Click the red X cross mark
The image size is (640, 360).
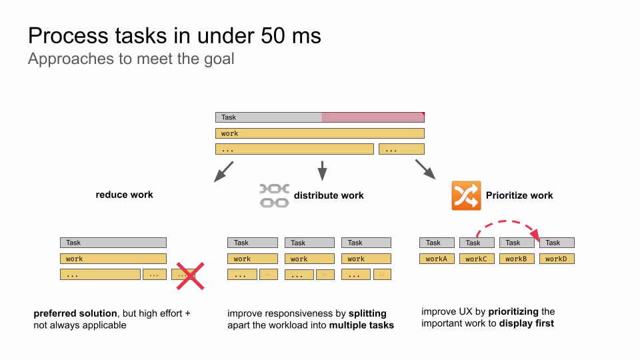coord(189,276)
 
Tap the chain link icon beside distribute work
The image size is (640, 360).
coord(273,195)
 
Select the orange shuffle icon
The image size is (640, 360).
coord(466,195)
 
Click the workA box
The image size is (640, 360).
coord(437,259)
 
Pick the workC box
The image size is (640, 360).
coord(477,259)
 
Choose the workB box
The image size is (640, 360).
coord(517,259)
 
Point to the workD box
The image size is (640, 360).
coord(556,259)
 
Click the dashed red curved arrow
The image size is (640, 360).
coord(510,224)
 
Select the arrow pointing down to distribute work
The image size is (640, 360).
coord(322,171)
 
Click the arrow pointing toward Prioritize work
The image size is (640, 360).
coord(425,169)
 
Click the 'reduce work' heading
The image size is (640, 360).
coord(124,195)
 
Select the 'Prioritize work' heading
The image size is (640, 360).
coord(519,195)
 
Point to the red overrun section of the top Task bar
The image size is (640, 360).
coord(372,117)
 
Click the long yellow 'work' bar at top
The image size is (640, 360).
coord(319,133)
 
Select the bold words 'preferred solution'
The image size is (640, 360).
coord(75,313)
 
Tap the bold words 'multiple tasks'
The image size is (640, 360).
coord(361,325)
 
